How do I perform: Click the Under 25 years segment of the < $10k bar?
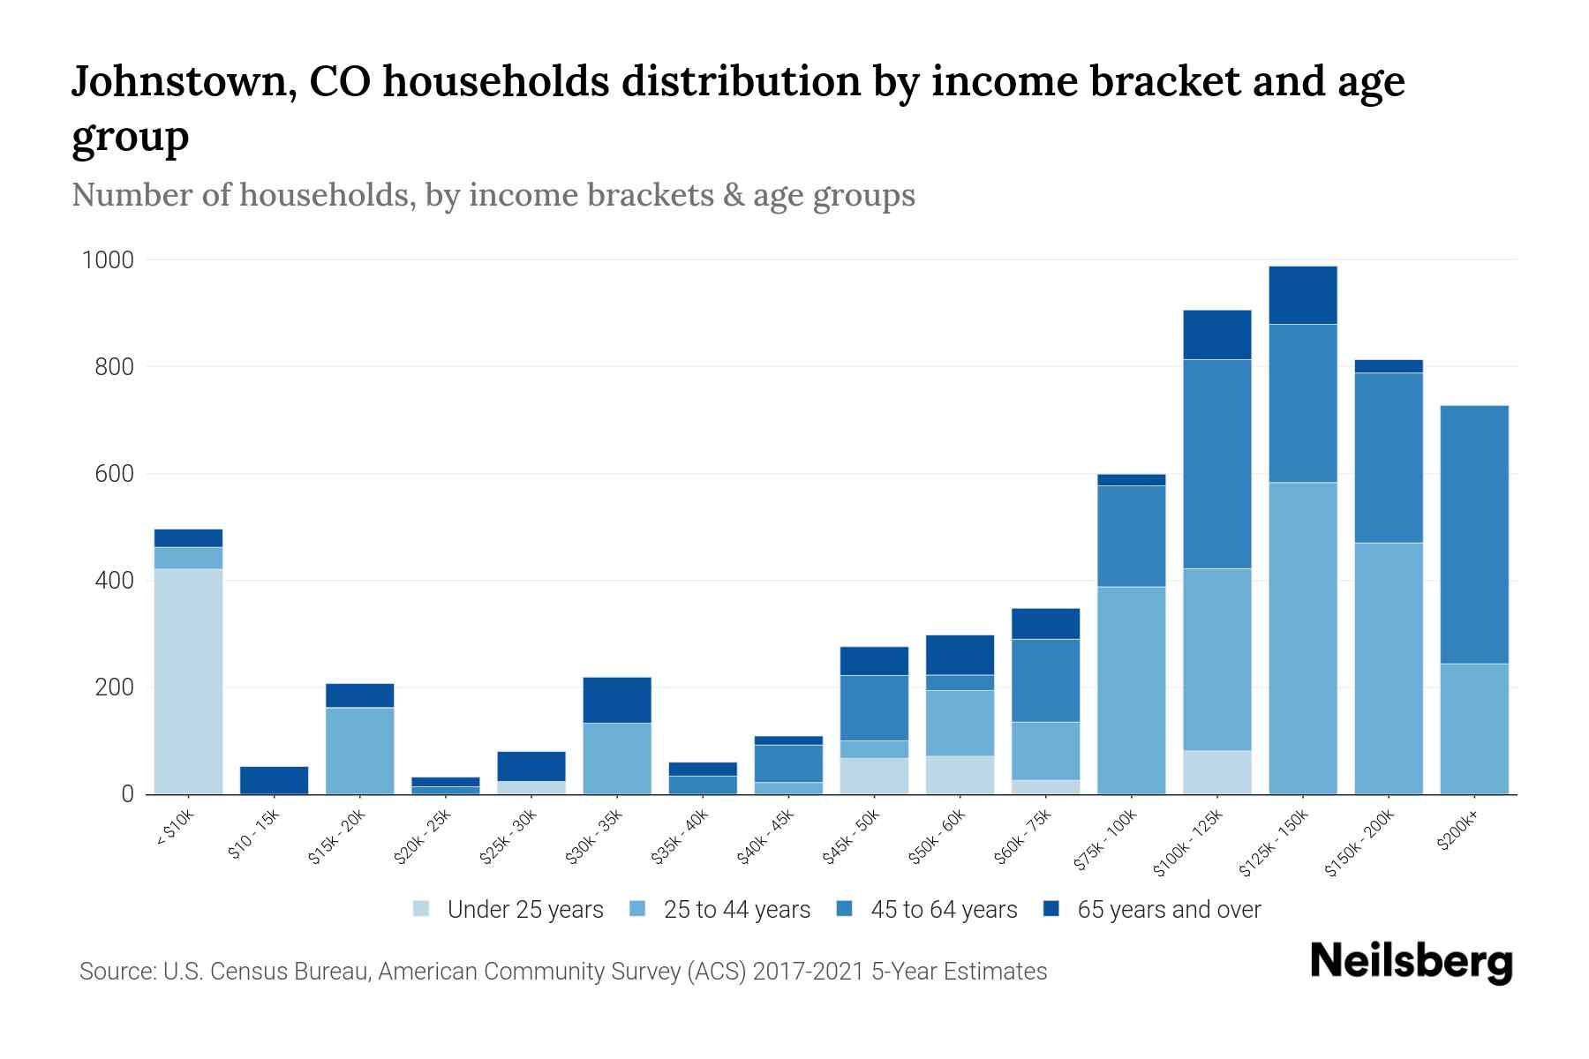tap(188, 680)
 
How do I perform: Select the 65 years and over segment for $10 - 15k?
tap(274, 779)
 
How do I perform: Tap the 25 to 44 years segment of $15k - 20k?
tap(359, 750)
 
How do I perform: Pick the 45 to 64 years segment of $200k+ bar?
tap(1473, 534)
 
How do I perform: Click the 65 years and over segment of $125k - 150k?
tap(1302, 295)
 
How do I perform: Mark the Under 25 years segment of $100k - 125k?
tap(1216, 772)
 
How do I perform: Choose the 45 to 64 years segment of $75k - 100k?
tap(1131, 536)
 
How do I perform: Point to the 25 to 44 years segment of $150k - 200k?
tap(1388, 668)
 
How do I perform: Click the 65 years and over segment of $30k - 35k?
tap(617, 700)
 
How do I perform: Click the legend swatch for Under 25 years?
tap(422, 909)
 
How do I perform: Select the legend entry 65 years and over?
tap(1169, 910)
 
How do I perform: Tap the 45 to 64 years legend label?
tap(944, 910)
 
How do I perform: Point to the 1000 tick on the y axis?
tap(108, 260)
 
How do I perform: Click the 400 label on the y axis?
tap(115, 581)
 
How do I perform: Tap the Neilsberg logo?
tap(1411, 961)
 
